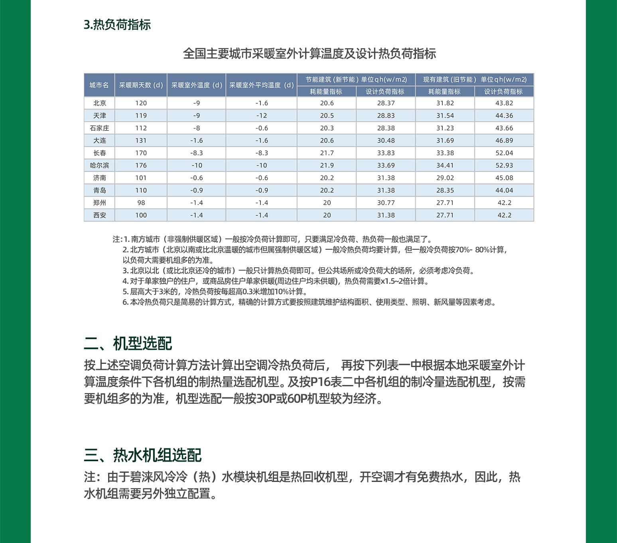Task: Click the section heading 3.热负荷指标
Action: [117, 25]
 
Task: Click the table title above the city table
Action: [309, 53]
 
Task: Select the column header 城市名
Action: [99, 85]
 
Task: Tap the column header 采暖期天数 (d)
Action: [141, 85]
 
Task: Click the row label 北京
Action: [99, 103]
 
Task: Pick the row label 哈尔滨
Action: [99, 165]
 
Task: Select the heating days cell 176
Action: [141, 165]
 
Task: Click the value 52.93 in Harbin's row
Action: [504, 165]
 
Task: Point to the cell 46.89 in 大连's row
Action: [504, 140]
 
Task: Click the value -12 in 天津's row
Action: [262, 116]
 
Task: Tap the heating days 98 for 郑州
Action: [141, 203]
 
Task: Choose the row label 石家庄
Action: [99, 128]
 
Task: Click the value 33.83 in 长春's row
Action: [386, 153]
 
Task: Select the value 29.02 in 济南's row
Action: [445, 178]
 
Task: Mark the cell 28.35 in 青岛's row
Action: [445, 190]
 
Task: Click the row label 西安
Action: [99, 215]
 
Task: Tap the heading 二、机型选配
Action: [128, 344]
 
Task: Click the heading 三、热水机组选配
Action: [143, 455]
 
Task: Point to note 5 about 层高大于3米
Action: [215, 292]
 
